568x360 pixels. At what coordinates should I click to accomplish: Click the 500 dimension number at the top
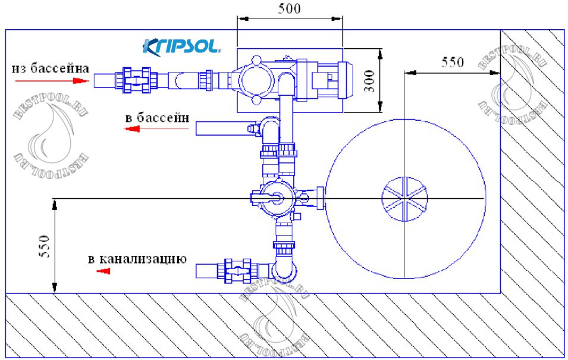[x=290, y=8]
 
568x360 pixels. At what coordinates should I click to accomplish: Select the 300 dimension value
[x=369, y=80]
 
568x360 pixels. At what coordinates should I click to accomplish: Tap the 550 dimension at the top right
[x=452, y=62]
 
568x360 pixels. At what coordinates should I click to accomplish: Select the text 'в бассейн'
[x=156, y=117]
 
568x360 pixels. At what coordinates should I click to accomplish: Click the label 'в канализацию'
[x=137, y=259]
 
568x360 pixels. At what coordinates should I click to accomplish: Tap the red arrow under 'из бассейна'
[x=74, y=80]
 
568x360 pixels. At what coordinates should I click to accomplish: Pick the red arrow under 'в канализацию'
[x=104, y=271]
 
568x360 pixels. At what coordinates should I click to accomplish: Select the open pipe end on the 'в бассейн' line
[x=198, y=127]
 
